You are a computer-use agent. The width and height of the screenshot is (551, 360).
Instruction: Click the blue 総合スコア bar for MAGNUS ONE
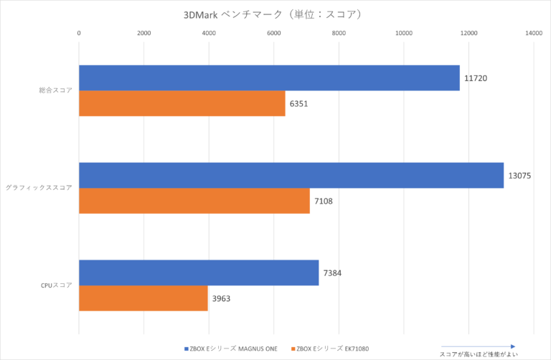tap(269, 78)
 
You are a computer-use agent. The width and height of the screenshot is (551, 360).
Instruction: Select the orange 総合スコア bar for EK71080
tap(182, 103)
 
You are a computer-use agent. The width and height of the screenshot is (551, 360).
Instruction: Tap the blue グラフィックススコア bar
tap(291, 176)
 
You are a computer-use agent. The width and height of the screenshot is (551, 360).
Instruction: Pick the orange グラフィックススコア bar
tap(194, 201)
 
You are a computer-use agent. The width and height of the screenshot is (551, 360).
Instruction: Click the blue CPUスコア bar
tap(199, 273)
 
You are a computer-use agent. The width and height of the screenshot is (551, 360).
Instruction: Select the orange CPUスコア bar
tap(143, 298)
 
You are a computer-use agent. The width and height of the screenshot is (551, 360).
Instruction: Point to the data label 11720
tap(476, 77)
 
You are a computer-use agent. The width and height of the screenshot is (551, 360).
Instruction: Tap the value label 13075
tap(520, 175)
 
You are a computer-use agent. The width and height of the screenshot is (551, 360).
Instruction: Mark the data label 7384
tap(334, 273)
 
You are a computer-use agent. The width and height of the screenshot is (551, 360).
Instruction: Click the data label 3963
tap(222, 298)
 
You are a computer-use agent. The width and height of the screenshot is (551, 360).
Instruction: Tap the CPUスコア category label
tap(56, 285)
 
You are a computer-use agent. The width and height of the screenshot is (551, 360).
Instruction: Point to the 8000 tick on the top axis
tap(339, 33)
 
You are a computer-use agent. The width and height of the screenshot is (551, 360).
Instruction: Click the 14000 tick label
tap(534, 33)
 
